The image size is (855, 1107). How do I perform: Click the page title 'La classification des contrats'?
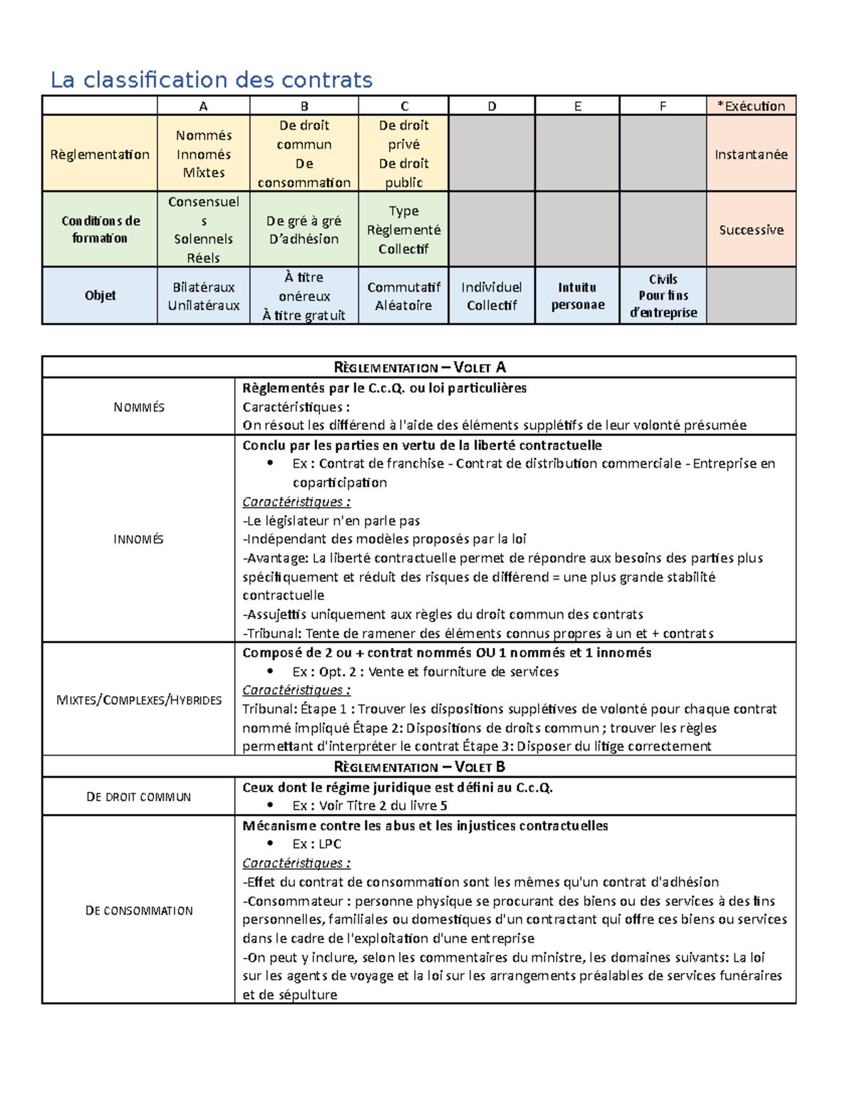(x=211, y=80)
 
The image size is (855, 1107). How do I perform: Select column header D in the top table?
(x=492, y=106)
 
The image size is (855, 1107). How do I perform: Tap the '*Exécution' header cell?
(x=751, y=106)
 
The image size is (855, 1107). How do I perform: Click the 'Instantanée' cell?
(x=751, y=154)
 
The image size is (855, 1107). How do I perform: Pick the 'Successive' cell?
(x=751, y=230)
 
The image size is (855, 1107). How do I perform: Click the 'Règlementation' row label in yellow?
(x=100, y=154)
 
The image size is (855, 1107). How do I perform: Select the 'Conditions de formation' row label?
(x=100, y=230)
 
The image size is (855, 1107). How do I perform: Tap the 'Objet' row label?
(x=100, y=295)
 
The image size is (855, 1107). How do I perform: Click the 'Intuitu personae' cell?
(x=577, y=296)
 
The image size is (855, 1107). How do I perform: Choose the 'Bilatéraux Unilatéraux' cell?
(x=204, y=296)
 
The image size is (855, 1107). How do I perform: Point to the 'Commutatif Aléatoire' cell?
(x=403, y=296)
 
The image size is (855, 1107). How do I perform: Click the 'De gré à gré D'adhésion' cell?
(x=304, y=230)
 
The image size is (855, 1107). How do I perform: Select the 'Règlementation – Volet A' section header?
(x=419, y=368)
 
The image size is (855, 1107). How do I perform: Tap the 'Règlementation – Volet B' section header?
(x=419, y=767)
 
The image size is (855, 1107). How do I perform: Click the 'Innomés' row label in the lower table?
(x=138, y=540)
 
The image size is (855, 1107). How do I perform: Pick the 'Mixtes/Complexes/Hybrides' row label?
(x=138, y=700)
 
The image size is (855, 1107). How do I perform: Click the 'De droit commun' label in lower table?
(x=138, y=797)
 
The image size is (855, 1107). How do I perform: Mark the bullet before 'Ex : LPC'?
(x=270, y=843)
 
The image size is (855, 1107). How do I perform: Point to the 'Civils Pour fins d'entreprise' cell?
(x=663, y=296)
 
